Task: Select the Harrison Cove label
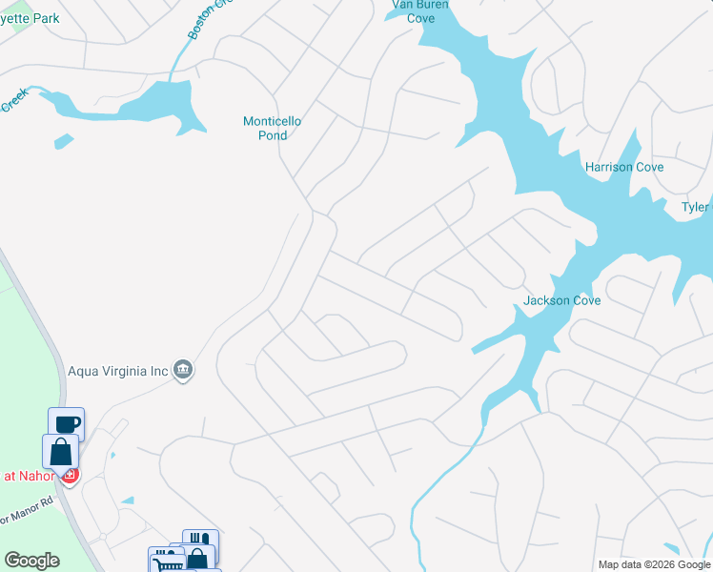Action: click(623, 167)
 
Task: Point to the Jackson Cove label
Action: click(561, 300)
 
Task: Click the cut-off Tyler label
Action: click(695, 207)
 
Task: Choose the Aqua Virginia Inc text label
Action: click(117, 370)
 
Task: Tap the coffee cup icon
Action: click(66, 424)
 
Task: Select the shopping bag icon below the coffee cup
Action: click(60, 450)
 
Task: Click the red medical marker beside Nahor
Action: click(70, 475)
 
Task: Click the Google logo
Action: click(31, 561)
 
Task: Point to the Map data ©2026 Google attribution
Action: click(654, 564)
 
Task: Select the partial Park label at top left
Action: click(29, 18)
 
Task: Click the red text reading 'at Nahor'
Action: click(27, 476)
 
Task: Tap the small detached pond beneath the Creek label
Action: click(63, 142)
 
